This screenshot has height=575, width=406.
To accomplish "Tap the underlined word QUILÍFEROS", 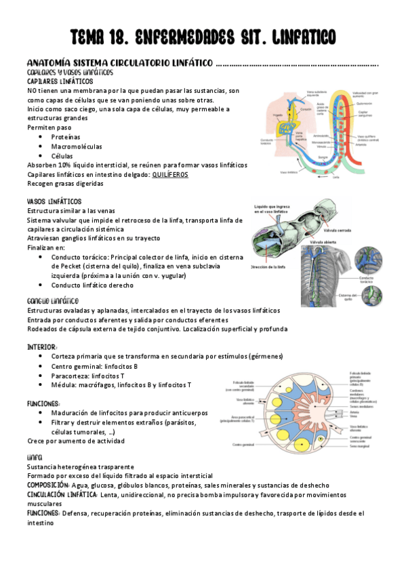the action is pos(170,174).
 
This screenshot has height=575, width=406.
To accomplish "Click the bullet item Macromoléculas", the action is pos(77,146).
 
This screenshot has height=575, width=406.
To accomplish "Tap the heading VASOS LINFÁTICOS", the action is pos(54,202).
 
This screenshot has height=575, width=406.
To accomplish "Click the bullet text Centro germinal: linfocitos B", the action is pos(94,366).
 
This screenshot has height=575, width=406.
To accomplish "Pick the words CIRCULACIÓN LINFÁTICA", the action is pos(62,495).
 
